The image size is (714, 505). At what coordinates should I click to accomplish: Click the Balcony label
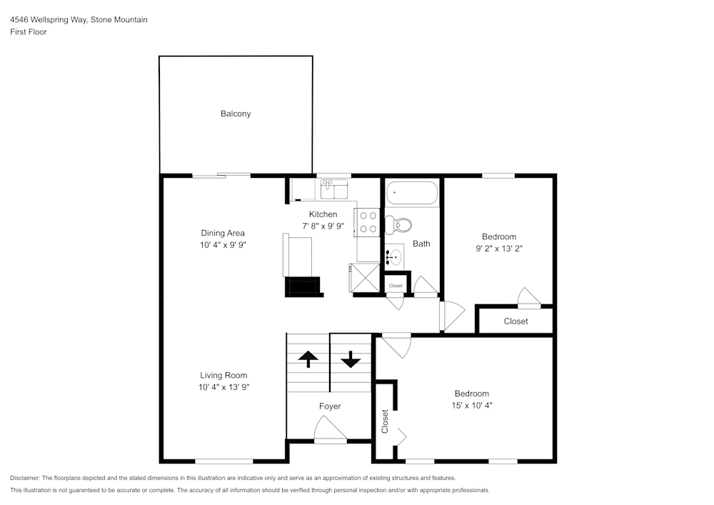tap(236, 114)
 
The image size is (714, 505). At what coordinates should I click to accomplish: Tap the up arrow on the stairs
tap(308, 359)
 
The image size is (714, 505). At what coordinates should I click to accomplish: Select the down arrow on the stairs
tap(351, 359)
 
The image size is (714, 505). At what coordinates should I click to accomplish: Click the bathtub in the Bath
tap(411, 194)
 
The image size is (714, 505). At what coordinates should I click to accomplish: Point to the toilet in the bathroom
tap(398, 226)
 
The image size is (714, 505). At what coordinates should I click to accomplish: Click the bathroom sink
tap(395, 256)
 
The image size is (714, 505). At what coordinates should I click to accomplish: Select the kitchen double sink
tap(333, 190)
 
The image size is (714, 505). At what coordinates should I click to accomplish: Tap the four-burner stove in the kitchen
tap(368, 221)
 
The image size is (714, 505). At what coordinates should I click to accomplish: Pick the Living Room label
tap(223, 376)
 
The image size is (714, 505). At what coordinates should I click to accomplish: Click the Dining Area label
tap(223, 233)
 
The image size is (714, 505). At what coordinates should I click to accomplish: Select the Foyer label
tap(330, 406)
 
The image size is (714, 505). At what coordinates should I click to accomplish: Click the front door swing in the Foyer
tap(329, 431)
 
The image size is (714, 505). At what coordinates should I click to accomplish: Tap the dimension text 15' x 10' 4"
tap(472, 405)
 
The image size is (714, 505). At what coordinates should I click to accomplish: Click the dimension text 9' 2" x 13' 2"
tap(499, 249)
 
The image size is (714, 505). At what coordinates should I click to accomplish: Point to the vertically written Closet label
tap(385, 421)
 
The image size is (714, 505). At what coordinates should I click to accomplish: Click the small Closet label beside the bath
tap(396, 286)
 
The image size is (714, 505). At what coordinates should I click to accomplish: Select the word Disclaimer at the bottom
tap(26, 478)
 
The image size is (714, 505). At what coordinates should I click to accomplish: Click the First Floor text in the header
tap(29, 32)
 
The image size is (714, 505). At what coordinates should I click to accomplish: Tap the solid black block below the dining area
tap(303, 286)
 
